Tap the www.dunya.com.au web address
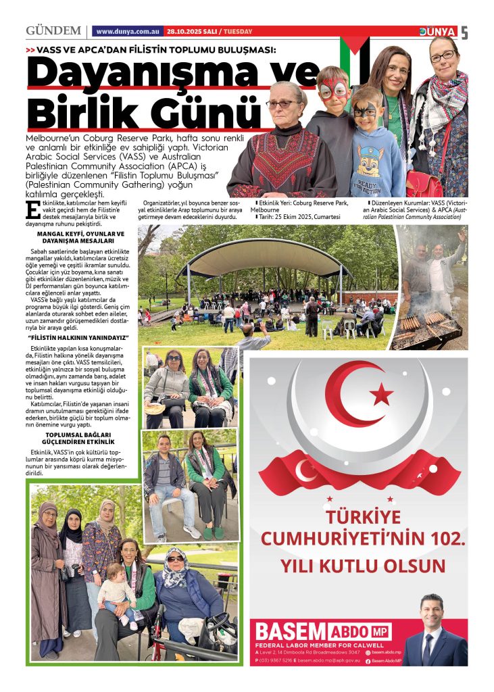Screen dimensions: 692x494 (x=128, y=32)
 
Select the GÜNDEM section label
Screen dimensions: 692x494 (x=53, y=31)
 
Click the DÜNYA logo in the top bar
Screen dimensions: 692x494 (x=438, y=32)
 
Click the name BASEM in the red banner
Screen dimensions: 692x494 (x=290, y=632)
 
